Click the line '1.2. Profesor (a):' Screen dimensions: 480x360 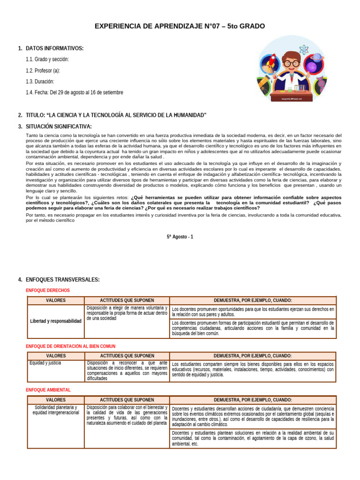pos(43,70)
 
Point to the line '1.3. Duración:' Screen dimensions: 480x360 pos(41,82)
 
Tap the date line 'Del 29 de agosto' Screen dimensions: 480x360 pos(75,93)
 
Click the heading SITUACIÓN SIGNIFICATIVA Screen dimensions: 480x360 pos(59,127)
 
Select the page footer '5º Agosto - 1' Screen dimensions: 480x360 pos(180,237)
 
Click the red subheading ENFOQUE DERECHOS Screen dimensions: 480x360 pos(47,291)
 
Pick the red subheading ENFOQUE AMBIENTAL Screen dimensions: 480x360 pos(48,390)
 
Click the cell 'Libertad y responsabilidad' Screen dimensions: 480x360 pos(56,321)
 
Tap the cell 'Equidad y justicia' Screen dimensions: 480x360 pos(45,363)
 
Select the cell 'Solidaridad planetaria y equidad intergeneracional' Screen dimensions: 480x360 pos(56,410)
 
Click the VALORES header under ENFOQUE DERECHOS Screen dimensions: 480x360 pos(56,300)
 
